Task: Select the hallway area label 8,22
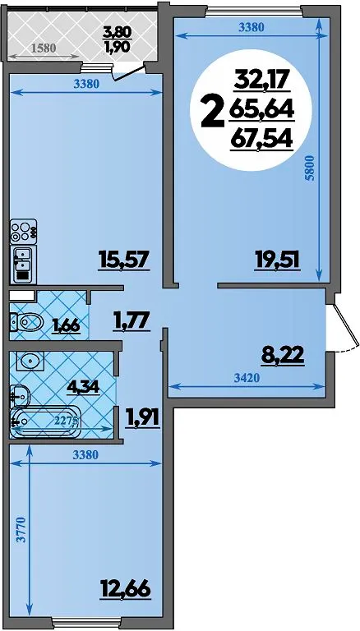tap(282, 356)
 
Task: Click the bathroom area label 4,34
tap(84, 387)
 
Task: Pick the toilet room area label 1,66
tap(65, 325)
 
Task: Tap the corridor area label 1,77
tap(132, 321)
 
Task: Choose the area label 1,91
tap(143, 417)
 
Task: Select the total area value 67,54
tap(261, 140)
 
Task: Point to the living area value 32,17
tap(261, 81)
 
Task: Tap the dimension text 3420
tap(246, 377)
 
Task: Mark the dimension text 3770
tap(21, 531)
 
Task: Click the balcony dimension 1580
tap(44, 48)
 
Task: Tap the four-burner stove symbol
tap(23, 232)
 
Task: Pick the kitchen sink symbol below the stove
tap(23, 264)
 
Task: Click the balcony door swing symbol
tap(128, 73)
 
